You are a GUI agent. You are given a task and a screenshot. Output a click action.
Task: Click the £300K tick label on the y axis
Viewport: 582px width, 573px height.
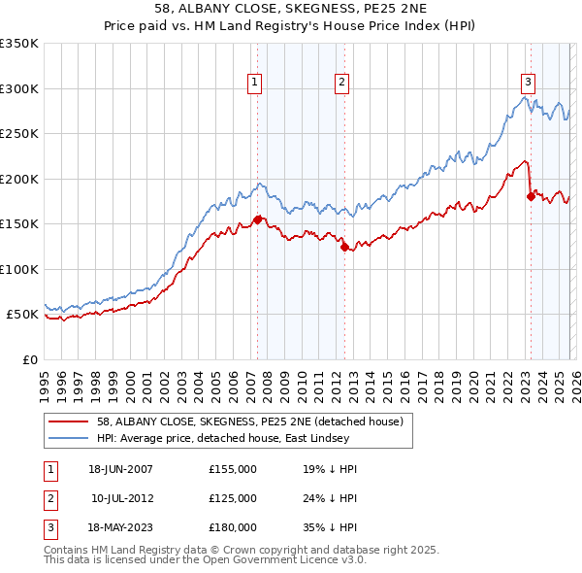coord(18,88)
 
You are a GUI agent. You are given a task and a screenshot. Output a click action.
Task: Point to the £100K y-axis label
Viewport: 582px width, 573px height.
coord(18,269)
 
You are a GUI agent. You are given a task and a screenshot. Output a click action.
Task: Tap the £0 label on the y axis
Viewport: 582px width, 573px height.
coord(29,359)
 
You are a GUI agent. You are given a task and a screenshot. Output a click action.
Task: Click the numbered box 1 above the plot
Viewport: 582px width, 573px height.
coord(254,84)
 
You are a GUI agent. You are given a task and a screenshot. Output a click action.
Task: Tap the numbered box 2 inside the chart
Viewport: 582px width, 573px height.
coord(342,84)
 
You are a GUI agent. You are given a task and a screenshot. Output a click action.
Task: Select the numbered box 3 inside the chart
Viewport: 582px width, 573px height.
coord(528,84)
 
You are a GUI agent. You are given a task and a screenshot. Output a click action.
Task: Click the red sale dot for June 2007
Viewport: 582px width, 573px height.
coord(257,219)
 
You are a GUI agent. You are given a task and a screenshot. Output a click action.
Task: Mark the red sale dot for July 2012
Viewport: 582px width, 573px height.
coord(344,247)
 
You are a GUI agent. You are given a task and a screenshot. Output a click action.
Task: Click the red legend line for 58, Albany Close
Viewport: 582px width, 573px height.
coord(69,421)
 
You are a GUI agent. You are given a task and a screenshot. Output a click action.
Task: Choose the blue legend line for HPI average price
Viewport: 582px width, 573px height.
coord(69,438)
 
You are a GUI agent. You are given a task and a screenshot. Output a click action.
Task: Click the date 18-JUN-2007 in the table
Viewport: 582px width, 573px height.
coord(120,468)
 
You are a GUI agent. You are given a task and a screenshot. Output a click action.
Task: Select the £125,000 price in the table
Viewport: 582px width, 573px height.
coord(233,498)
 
